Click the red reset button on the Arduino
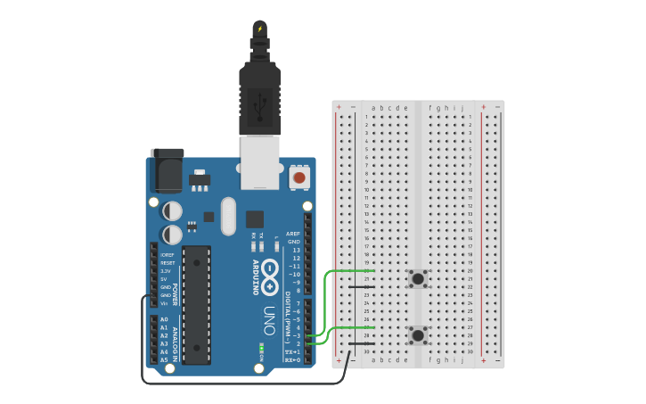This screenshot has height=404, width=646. click(299, 177)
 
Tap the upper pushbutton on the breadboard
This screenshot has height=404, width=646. click(417, 279)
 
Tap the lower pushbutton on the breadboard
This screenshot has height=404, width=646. click(417, 335)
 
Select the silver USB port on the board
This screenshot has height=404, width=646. click(260, 162)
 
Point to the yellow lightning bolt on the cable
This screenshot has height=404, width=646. click(260, 29)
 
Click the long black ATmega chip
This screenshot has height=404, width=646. click(197, 304)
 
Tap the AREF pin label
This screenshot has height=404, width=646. click(293, 234)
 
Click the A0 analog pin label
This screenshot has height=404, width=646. click(164, 319)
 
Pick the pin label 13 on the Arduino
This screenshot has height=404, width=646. click(296, 250)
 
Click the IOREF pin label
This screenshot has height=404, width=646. click(167, 255)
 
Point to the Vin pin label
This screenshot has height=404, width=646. click(165, 303)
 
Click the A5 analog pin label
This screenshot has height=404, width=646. click(164, 359)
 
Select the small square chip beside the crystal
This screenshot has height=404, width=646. click(255, 218)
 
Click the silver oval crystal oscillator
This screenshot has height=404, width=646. click(228, 216)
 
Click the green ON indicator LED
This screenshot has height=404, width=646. click(262, 346)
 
